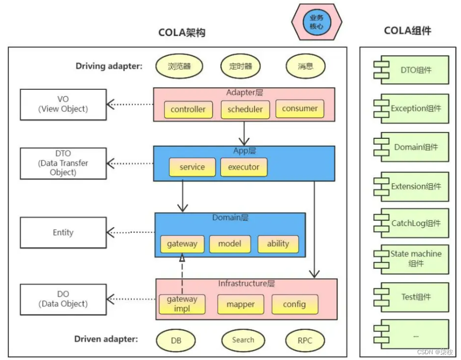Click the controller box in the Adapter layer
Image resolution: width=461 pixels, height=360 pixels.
(188, 109)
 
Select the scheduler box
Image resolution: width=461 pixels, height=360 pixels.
(245, 109)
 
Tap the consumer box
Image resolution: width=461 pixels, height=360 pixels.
(300, 109)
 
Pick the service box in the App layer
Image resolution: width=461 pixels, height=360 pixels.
(192, 167)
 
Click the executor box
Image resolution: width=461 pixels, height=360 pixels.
(244, 167)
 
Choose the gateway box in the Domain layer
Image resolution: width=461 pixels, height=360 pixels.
(182, 243)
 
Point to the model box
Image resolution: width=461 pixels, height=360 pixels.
(229, 243)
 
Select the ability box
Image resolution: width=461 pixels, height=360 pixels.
(278, 243)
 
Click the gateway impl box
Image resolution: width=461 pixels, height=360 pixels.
(182, 304)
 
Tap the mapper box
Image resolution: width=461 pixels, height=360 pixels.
(241, 304)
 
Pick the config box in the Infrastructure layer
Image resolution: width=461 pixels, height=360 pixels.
(294, 304)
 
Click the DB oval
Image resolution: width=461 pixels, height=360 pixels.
(176, 340)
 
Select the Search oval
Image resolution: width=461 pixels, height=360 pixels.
(243, 340)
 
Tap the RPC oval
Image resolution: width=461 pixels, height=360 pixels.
(305, 340)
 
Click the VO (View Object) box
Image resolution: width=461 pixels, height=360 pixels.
(63, 104)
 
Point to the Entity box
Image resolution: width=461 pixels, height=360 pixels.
(63, 232)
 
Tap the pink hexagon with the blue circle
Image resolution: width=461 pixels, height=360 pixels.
(316, 22)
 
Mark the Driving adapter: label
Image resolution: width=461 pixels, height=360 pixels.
(109, 67)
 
